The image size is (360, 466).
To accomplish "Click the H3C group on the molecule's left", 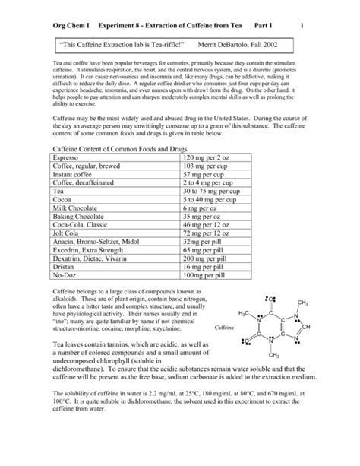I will click(x=245, y=314).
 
